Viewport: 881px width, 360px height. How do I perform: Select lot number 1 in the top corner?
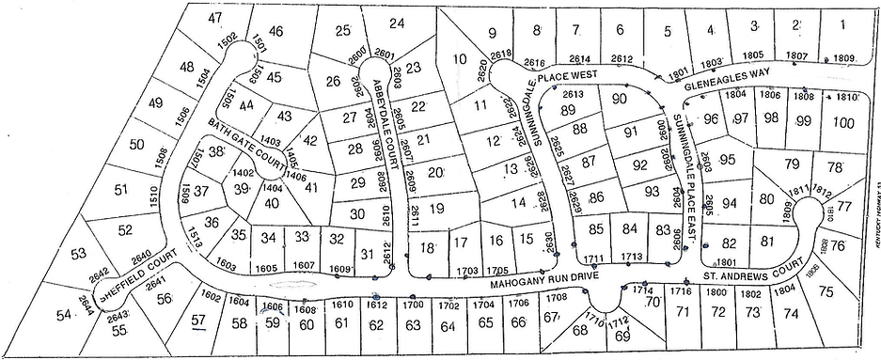(842, 24)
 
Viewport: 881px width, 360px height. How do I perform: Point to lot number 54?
(63, 317)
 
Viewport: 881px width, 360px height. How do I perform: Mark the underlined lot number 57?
(197, 321)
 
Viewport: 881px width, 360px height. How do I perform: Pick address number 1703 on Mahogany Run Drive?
(467, 271)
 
